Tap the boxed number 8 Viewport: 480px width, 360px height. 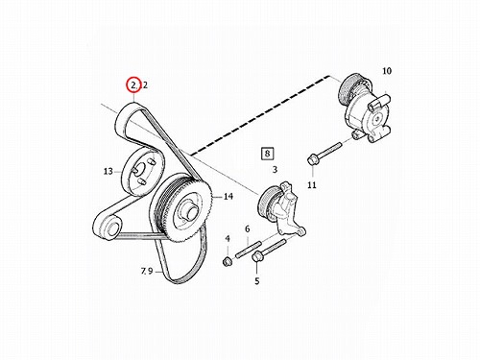(267, 154)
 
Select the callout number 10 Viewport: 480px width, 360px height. (387, 71)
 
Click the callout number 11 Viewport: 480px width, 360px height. (312, 185)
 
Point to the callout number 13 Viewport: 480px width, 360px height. (108, 171)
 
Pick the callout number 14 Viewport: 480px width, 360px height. (228, 196)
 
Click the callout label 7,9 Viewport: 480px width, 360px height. (147, 272)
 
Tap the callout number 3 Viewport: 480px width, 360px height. (275, 169)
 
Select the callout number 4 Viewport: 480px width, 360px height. (228, 239)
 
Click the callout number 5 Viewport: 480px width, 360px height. (257, 281)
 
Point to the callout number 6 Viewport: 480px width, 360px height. (247, 229)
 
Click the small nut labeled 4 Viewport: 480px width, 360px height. (227, 261)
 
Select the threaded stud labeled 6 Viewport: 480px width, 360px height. (249, 250)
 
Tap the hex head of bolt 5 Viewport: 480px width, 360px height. (257, 257)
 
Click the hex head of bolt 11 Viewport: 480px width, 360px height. (313, 159)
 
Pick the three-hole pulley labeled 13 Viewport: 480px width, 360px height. (142, 172)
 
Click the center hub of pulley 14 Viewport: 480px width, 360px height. (188, 212)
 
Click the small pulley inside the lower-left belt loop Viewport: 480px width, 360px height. (112, 228)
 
